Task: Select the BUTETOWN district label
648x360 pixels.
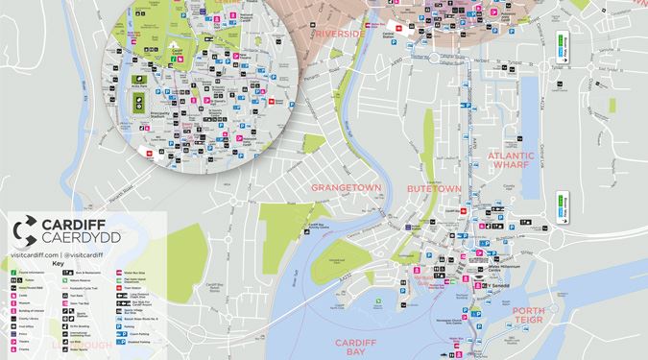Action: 435,189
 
